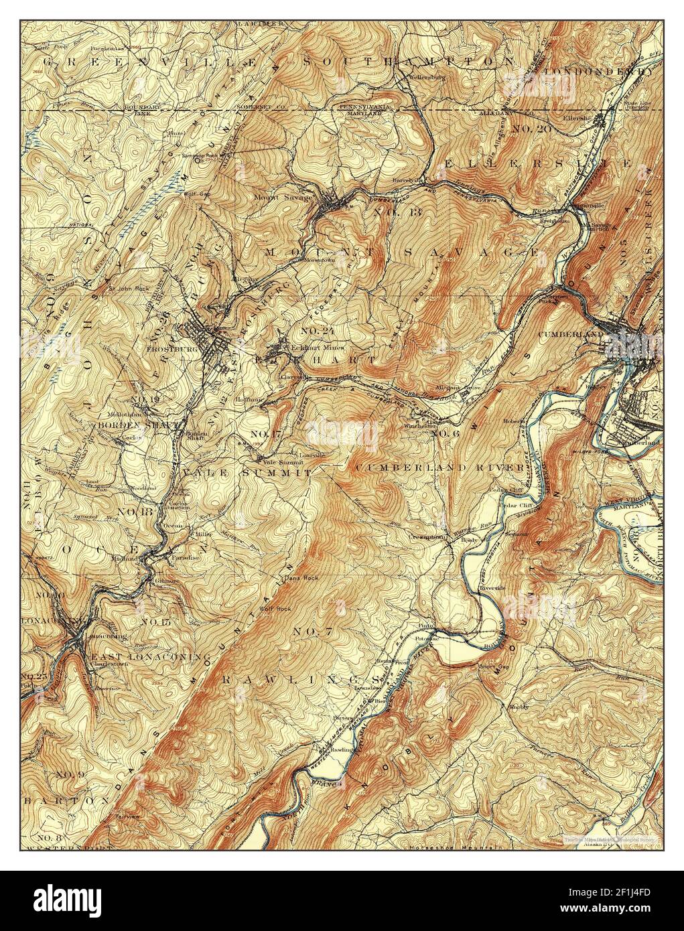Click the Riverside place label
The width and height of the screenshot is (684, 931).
[x=492, y=587]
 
